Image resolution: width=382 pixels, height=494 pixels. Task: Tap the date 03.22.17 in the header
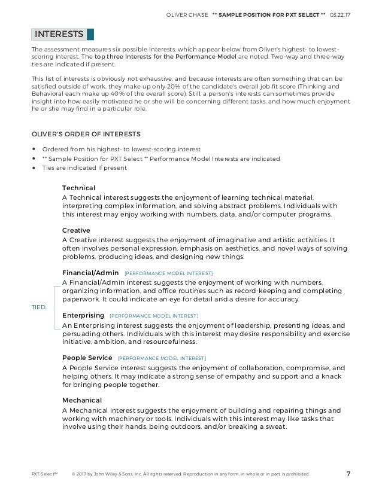point(339,14)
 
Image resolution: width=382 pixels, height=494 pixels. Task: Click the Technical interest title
point(78,188)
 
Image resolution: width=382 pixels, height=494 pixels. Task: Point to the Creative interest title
point(76,230)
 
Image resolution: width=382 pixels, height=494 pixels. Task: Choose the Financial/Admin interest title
point(90,273)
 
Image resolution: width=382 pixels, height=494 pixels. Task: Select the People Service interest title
point(87,358)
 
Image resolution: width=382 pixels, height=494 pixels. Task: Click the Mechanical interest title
point(82,400)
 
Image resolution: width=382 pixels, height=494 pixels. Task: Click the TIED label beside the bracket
point(38,307)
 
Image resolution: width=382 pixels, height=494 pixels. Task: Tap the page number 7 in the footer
point(348,474)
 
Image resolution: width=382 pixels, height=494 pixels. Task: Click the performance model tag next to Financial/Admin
point(168,273)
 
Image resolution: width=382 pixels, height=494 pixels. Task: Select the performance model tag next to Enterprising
point(154,315)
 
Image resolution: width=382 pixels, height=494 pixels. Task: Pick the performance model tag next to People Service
point(162,358)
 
